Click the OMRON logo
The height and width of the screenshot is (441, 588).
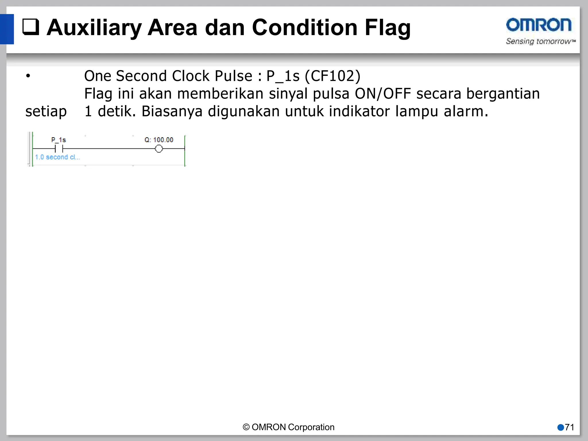click(539, 25)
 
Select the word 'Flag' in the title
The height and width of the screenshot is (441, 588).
click(387, 28)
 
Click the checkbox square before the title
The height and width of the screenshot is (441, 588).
click(31, 27)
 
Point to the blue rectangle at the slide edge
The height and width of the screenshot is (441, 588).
click(7, 29)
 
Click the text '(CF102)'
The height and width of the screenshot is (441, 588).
click(332, 76)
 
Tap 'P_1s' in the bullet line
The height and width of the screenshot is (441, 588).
click(283, 76)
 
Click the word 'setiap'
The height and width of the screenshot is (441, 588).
click(46, 111)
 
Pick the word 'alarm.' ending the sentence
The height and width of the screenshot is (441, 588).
click(466, 111)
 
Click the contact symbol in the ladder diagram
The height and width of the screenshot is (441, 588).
click(59, 149)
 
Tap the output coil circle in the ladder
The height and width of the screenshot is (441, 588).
click(159, 149)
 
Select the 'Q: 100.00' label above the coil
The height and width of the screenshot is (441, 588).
click(159, 140)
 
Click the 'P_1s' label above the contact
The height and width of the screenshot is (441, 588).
click(59, 140)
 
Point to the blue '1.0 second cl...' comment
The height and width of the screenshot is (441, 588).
click(57, 157)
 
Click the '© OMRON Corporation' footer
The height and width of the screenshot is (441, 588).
click(289, 427)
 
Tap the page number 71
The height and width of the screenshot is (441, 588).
click(569, 427)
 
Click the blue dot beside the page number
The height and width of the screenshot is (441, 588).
click(560, 427)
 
